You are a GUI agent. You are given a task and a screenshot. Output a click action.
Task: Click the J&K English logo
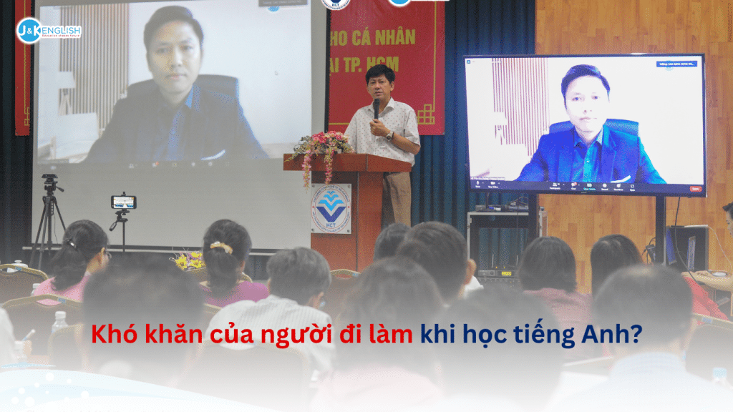click(49, 31)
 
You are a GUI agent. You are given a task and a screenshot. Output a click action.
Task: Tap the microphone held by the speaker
click(377, 108)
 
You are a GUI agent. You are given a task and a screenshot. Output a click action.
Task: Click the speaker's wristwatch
click(390, 134)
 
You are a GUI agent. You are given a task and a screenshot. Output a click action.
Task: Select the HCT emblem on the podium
click(331, 208)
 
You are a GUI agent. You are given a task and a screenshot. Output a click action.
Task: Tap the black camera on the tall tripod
click(51, 183)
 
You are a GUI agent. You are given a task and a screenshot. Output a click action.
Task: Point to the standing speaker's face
click(379, 84)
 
